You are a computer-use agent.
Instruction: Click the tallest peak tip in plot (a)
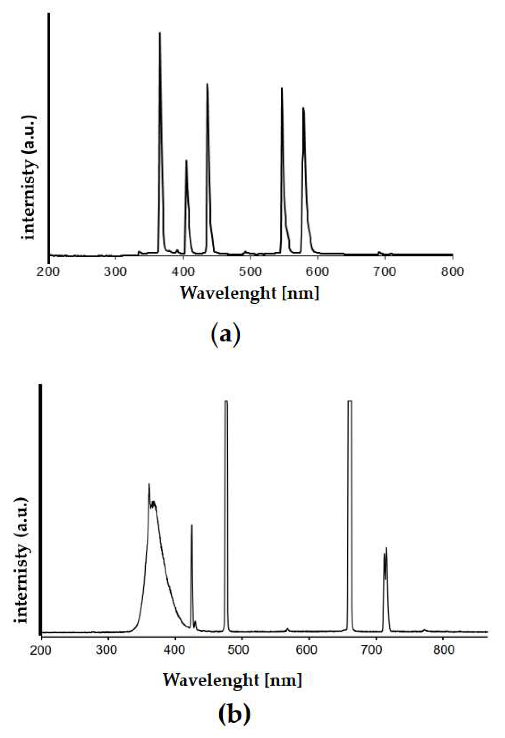pos(159,32)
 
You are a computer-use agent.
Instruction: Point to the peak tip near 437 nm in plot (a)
pos(207,83)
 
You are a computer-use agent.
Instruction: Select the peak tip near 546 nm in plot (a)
pos(281,88)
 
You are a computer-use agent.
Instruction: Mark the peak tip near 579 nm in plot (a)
pos(304,108)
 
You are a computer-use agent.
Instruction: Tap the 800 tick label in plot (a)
pos(453,272)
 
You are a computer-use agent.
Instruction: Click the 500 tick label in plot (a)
pos(250,272)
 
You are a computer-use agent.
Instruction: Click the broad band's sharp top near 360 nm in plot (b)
pos(149,484)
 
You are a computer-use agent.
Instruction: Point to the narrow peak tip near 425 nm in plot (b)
pos(192,525)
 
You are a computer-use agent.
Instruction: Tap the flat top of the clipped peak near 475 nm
pos(226,401)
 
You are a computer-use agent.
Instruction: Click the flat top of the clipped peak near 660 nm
pos(350,401)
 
